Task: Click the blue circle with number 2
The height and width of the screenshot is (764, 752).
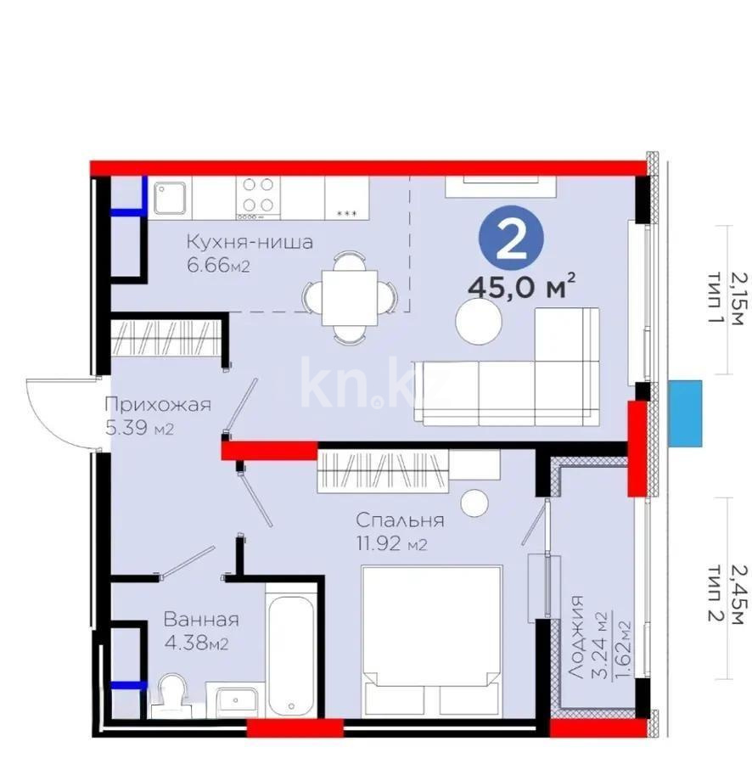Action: pyautogui.click(x=510, y=239)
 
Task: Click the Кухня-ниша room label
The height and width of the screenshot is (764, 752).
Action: pyautogui.click(x=250, y=242)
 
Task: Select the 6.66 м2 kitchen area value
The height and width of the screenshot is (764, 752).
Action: pyautogui.click(x=218, y=266)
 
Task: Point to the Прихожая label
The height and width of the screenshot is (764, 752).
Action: pyautogui.click(x=157, y=405)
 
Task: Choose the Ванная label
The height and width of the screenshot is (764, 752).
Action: pyautogui.click(x=201, y=620)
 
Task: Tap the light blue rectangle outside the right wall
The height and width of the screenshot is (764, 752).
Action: pyautogui.click(x=685, y=413)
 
